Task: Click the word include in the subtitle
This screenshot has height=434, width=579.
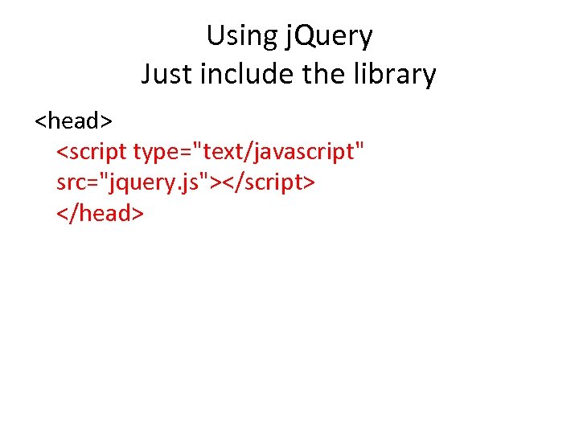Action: [243, 75]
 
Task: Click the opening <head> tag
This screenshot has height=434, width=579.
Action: [73, 121]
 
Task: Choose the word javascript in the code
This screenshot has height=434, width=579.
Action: [310, 151]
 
